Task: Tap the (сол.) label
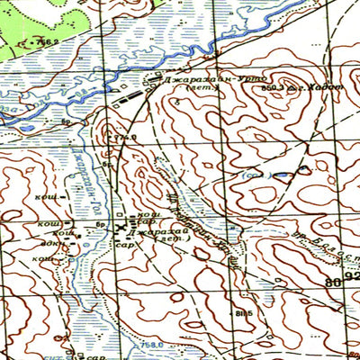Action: [256, 174]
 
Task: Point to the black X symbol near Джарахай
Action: [121, 229]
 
